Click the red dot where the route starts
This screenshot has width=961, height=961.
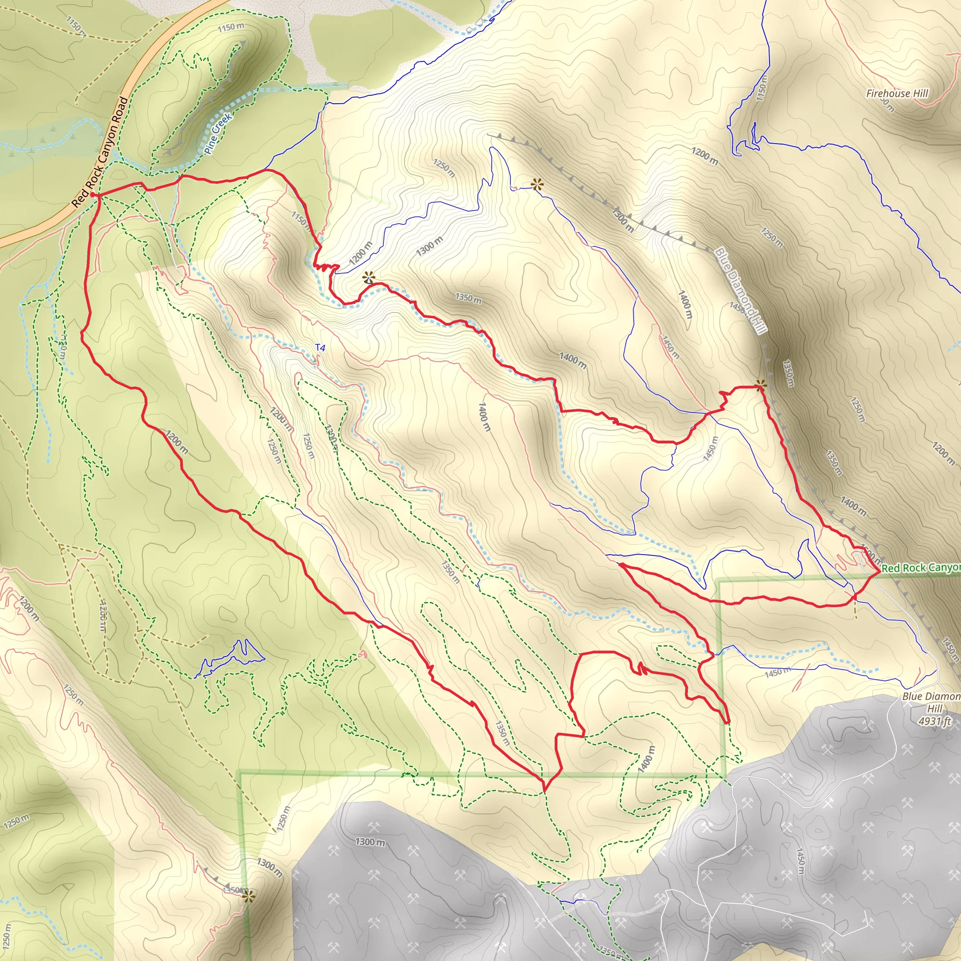(93, 194)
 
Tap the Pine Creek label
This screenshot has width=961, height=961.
(217, 133)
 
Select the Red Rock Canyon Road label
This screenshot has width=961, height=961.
(99, 152)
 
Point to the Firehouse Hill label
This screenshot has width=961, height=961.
(897, 93)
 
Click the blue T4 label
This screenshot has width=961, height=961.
(320, 348)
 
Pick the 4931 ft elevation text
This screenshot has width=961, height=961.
(935, 721)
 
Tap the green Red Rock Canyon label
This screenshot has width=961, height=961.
(920, 568)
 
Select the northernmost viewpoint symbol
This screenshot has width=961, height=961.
(537, 185)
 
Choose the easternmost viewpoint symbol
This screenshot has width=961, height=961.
(760, 384)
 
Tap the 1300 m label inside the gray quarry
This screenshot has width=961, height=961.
(370, 842)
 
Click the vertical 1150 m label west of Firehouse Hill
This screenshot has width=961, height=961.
(762, 88)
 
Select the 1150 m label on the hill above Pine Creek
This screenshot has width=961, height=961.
(231, 27)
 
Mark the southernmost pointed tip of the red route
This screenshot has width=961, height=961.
(545, 790)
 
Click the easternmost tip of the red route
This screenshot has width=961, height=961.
(879, 572)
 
